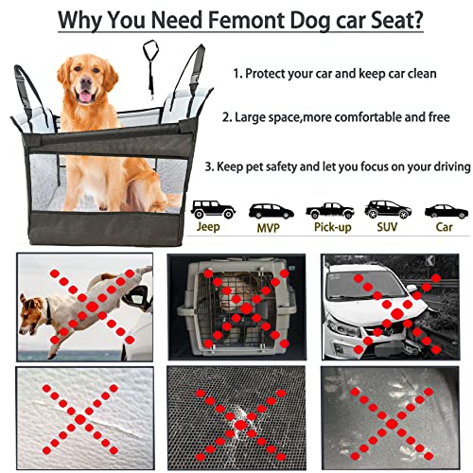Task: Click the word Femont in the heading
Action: tap(246, 20)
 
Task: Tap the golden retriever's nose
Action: tap(86, 81)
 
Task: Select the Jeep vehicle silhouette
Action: tap(213, 209)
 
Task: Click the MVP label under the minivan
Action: tap(269, 228)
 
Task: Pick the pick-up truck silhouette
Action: tap(330, 211)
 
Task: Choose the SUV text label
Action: tap(387, 227)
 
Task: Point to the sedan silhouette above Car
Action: tap(447, 212)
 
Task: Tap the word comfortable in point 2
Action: tap(368, 117)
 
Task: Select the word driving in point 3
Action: tap(452, 166)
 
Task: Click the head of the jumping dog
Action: tap(30, 314)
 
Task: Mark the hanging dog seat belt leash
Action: tap(150, 67)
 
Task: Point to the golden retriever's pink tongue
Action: tap(84, 96)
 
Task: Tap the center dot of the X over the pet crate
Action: tap(246, 307)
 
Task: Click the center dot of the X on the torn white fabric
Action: tap(80, 419)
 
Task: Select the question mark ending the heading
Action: tap(417, 20)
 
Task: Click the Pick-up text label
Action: tap(333, 227)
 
